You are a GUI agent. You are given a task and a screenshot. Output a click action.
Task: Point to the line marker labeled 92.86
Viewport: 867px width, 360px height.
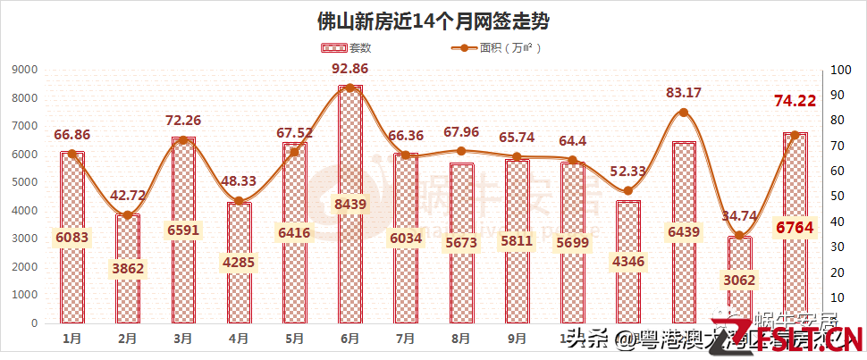(x=349, y=88)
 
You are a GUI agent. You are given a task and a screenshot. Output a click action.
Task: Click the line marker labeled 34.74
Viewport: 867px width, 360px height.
(x=738, y=235)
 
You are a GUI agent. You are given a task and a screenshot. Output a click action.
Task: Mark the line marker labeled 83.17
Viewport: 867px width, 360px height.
(x=683, y=113)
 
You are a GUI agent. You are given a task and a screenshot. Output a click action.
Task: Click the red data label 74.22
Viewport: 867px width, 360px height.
(x=794, y=101)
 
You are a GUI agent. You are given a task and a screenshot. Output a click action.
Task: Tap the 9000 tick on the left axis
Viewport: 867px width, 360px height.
(x=24, y=70)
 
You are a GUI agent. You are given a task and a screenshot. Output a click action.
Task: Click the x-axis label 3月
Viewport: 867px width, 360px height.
(x=183, y=339)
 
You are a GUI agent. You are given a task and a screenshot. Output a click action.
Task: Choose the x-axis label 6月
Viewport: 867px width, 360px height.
(x=349, y=339)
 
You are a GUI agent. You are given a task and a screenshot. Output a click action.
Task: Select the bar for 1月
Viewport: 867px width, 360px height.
(x=72, y=237)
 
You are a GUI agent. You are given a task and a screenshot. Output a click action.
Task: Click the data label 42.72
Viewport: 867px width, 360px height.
(x=128, y=196)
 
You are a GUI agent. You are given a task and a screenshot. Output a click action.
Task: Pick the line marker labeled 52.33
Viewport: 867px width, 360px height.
(x=627, y=190)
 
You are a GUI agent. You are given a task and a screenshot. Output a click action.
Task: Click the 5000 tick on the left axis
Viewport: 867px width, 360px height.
(x=24, y=182)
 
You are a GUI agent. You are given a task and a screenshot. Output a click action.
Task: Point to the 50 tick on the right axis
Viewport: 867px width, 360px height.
(x=838, y=197)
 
